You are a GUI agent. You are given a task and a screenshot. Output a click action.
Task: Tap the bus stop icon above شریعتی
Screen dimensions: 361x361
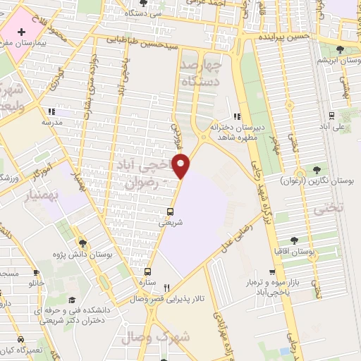(170, 212)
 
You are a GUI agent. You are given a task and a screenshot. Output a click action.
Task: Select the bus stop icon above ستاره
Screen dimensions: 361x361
(147, 271)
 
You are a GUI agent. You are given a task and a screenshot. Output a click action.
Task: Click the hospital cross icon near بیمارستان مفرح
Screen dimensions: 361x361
(22, 32)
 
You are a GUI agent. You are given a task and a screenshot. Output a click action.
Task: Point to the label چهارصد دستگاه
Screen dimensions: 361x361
(211, 73)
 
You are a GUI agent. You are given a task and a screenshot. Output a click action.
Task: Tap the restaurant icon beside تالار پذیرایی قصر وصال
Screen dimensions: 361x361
(166, 288)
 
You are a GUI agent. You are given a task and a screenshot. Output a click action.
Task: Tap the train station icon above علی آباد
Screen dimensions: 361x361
(331, 116)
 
